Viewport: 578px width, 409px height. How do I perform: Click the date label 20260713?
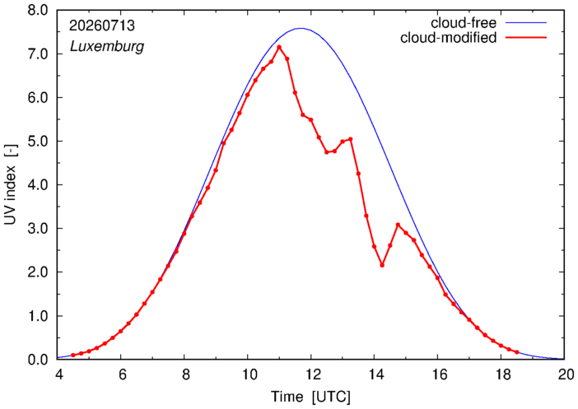pos(102,26)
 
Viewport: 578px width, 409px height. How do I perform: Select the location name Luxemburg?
pos(107,47)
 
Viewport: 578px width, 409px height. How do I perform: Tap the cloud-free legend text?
pos(464,23)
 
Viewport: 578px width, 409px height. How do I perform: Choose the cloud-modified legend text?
pos(449,38)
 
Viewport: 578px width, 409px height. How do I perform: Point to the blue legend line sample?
pos(526,23)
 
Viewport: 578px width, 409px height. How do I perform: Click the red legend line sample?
pos(526,38)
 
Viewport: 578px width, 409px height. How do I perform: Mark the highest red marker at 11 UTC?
pos(279,47)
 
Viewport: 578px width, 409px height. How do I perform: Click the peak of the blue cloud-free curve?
pos(301,28)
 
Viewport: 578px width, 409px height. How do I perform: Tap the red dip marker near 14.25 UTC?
pos(382,265)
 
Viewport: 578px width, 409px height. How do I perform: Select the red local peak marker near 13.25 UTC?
pos(351,139)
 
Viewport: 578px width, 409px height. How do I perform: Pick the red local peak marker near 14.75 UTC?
pos(399,225)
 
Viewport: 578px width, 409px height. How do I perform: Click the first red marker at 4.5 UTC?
pos(73,356)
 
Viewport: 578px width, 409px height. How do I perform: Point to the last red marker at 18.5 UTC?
pos(517,352)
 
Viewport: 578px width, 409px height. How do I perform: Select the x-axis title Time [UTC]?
pos(310,397)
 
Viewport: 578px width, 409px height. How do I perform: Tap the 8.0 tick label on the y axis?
pos(38,11)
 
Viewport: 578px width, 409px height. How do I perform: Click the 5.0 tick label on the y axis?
pos(38,142)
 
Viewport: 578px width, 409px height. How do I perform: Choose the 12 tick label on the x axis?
pos(311,374)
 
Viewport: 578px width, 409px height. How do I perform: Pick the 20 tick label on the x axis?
pos(565,374)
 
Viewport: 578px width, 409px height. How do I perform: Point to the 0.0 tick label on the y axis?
pos(38,360)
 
